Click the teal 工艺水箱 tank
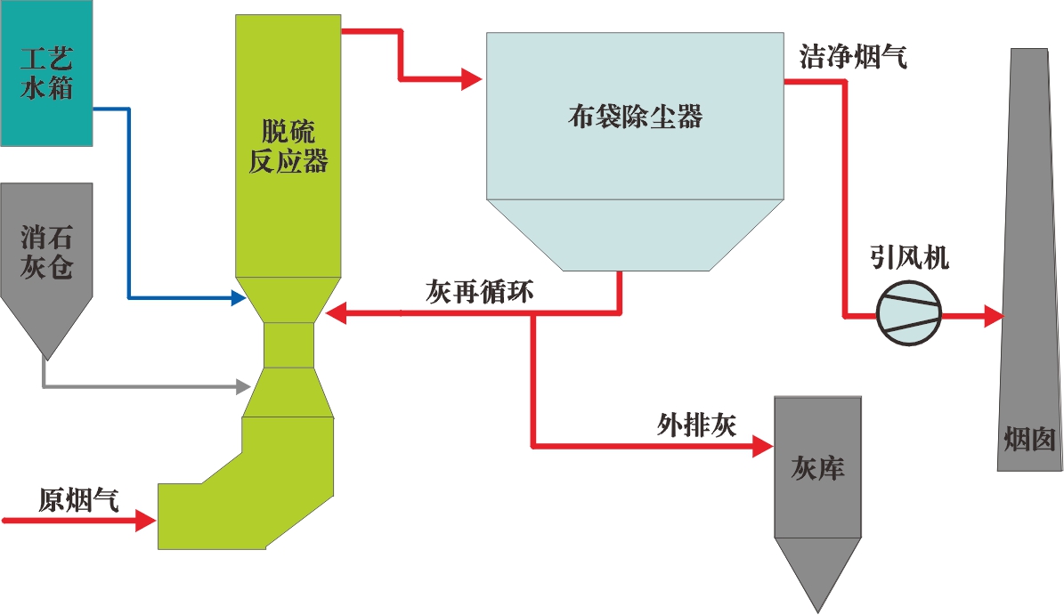[46, 73]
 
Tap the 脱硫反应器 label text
[288, 148]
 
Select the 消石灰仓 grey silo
[46, 258]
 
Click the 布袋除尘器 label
[635, 117]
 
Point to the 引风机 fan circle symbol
[909, 315]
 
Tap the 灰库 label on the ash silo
[817, 468]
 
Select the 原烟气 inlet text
[78, 499]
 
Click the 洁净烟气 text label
[853, 59]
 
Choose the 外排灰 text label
[697, 425]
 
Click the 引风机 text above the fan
[909, 259]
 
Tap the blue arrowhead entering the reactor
[238, 298]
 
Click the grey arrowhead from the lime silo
[241, 386]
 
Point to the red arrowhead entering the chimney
[994, 315]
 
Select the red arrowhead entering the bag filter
[471, 80]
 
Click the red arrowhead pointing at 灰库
[763, 445]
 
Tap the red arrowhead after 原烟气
[147, 520]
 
